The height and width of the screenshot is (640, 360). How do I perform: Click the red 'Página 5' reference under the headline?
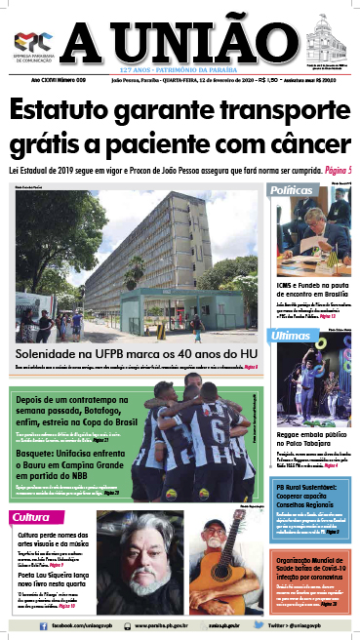(x=336, y=172)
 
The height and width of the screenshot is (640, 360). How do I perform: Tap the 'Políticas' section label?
(x=292, y=189)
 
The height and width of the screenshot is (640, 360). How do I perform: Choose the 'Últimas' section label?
(x=292, y=336)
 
